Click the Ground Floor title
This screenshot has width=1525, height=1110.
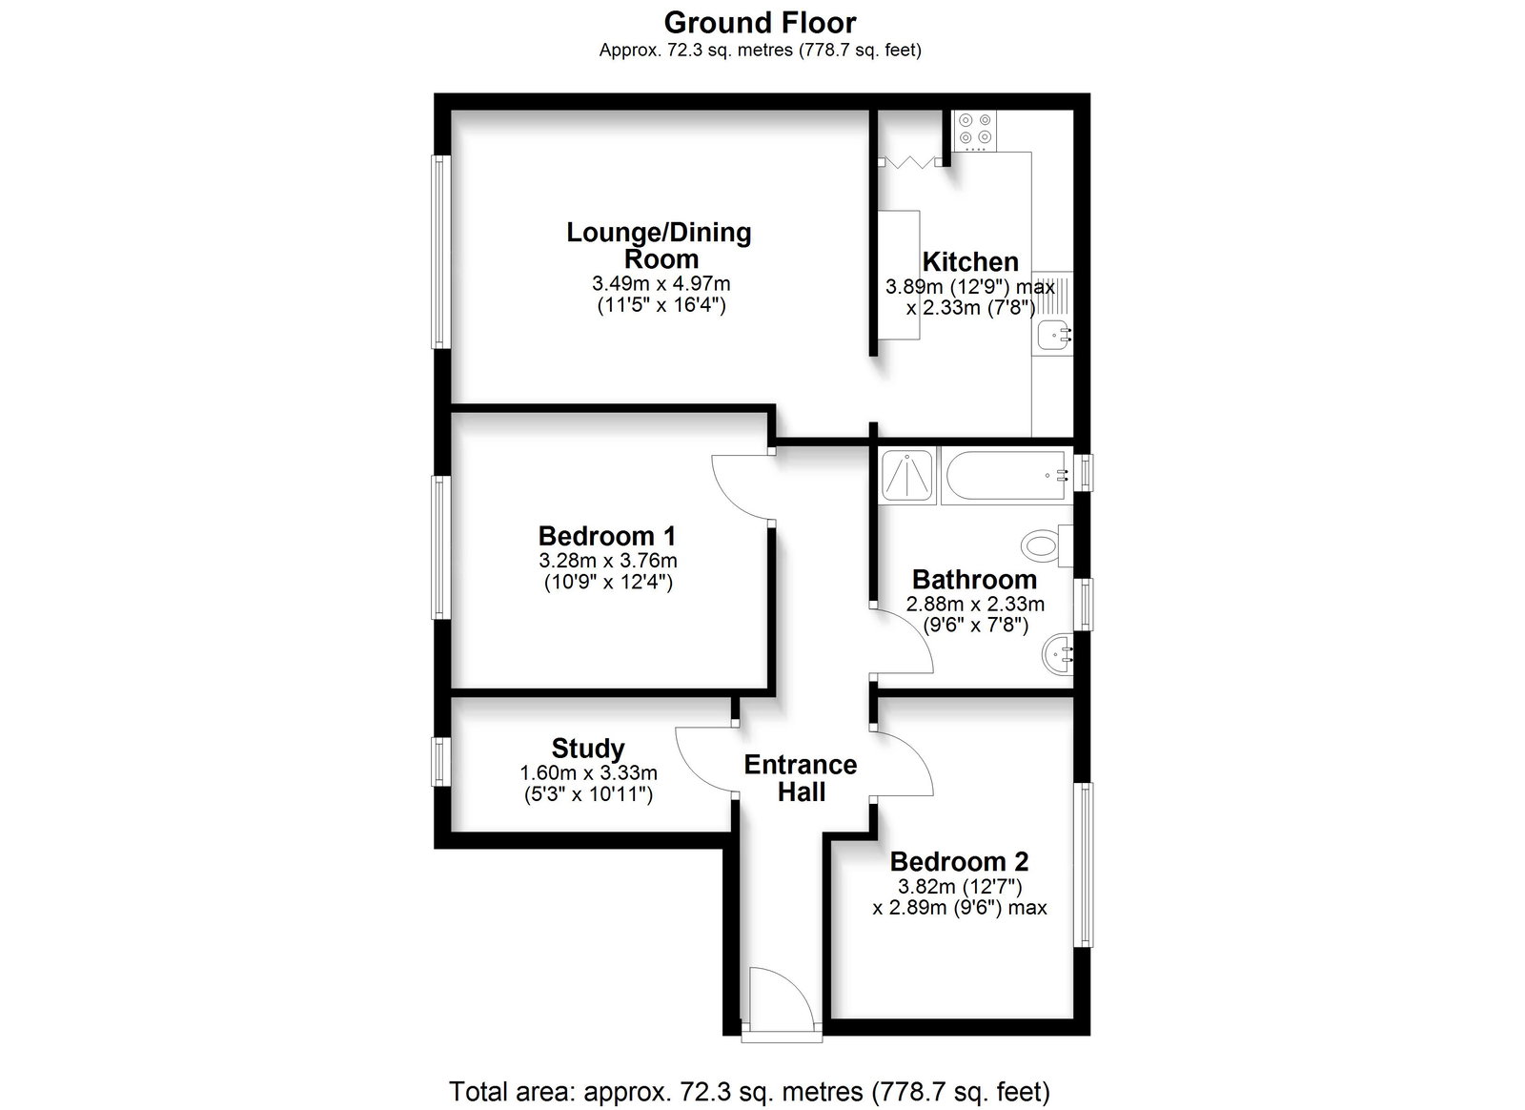point(760,23)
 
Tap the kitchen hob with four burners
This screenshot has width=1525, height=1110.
point(974,131)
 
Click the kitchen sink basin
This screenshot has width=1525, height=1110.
point(1054,335)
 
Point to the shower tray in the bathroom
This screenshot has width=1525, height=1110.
point(906,475)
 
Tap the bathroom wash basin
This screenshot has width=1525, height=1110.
point(1057,654)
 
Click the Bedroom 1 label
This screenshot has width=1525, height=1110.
point(606,536)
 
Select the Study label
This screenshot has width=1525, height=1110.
point(588,749)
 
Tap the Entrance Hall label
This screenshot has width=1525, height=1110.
point(801,778)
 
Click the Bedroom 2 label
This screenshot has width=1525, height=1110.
point(959,861)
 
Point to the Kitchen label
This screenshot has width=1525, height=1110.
point(970,261)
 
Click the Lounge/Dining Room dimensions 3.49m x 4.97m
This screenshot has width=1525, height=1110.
point(661,282)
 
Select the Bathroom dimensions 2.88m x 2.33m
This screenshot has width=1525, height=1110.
point(975,604)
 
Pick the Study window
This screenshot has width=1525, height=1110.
point(441,761)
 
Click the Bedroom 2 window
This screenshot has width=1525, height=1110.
point(1084,864)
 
